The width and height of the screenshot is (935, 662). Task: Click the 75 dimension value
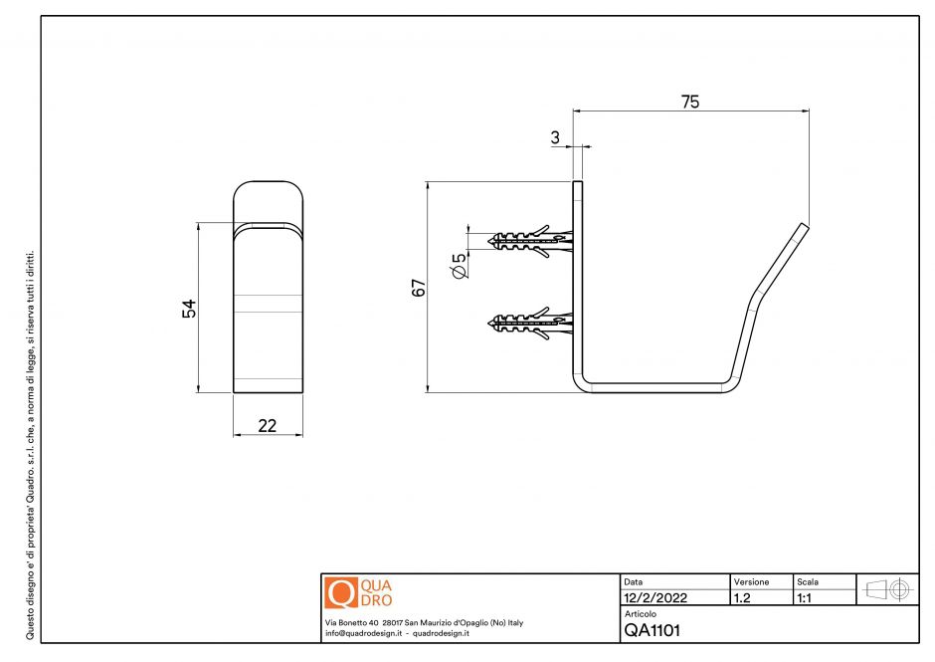pyautogui.click(x=689, y=101)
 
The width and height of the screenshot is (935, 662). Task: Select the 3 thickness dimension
pyautogui.click(x=555, y=138)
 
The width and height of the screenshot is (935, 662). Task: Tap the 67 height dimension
pyautogui.click(x=419, y=288)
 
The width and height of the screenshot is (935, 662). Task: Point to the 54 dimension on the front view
pyautogui.click(x=189, y=309)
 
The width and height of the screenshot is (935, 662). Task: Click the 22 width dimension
pyautogui.click(x=267, y=425)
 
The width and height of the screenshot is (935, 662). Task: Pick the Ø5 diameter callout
pyautogui.click(x=459, y=266)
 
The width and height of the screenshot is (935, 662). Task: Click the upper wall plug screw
pyautogui.click(x=531, y=240)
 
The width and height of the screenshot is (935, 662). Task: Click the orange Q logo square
pyautogui.click(x=340, y=593)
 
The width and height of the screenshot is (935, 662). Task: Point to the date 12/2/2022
pyautogui.click(x=655, y=598)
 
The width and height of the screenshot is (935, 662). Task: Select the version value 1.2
pyautogui.click(x=742, y=598)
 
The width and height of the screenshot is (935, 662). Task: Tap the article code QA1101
pyautogui.click(x=653, y=630)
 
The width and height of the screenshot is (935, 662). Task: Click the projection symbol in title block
pyautogui.click(x=887, y=588)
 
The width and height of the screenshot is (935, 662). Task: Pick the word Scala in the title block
pyautogui.click(x=809, y=580)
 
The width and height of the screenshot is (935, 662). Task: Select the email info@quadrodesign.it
pyautogui.click(x=363, y=633)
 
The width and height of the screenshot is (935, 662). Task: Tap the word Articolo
pyautogui.click(x=641, y=614)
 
